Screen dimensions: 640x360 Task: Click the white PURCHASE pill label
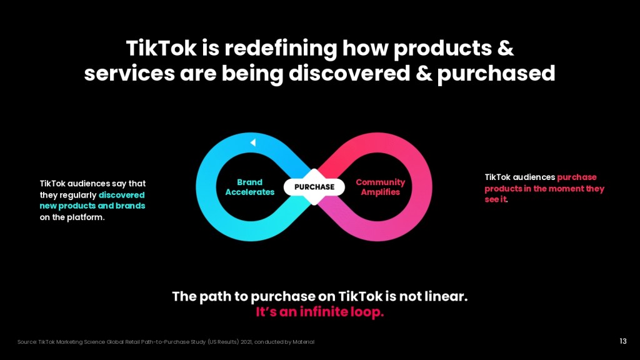pos(314,187)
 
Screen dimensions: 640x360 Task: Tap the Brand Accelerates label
pos(250,187)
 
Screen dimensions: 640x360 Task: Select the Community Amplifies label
pos(381,187)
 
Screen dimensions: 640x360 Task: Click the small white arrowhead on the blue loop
pos(253,142)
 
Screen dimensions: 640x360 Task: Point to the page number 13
pos(623,341)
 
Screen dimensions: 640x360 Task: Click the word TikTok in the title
pos(161,48)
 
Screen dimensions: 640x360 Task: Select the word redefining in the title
pos(281,49)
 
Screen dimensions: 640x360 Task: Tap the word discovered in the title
pos(349,74)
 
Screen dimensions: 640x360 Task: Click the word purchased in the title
pos(496,74)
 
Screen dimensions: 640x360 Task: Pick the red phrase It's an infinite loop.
pos(319,312)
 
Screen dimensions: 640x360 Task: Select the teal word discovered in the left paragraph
pos(122,195)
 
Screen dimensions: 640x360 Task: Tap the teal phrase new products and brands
pos(92,206)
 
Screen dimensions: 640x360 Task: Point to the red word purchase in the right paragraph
pos(577,177)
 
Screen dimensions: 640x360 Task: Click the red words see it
pos(496,199)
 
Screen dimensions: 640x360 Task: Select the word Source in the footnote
pos(27,342)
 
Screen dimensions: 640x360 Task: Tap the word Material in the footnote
pos(303,342)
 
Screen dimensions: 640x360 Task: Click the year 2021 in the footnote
pos(246,342)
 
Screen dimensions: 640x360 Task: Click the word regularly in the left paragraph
pos(77,196)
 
